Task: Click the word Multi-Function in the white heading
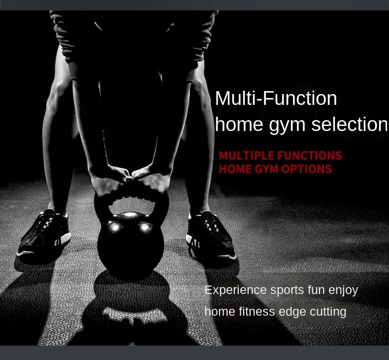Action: pos(276,98)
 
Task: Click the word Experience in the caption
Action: pos(235,290)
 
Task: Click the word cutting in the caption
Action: pos(328,312)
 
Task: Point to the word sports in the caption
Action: pos(287,291)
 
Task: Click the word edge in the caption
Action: pos(292,312)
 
